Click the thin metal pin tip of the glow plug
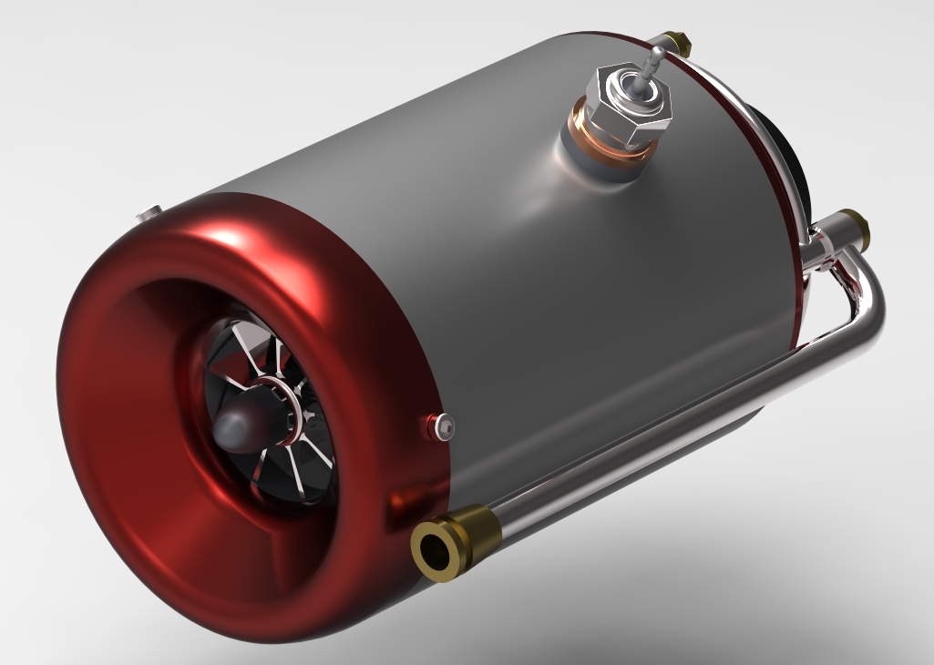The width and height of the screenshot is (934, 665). pos(655,62)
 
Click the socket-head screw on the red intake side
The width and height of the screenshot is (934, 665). pos(444,424)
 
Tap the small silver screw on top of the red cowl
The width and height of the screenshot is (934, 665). pos(147,214)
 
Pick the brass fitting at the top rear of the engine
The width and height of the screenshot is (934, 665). pos(675,40)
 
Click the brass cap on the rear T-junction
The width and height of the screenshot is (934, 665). pos(852,221)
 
